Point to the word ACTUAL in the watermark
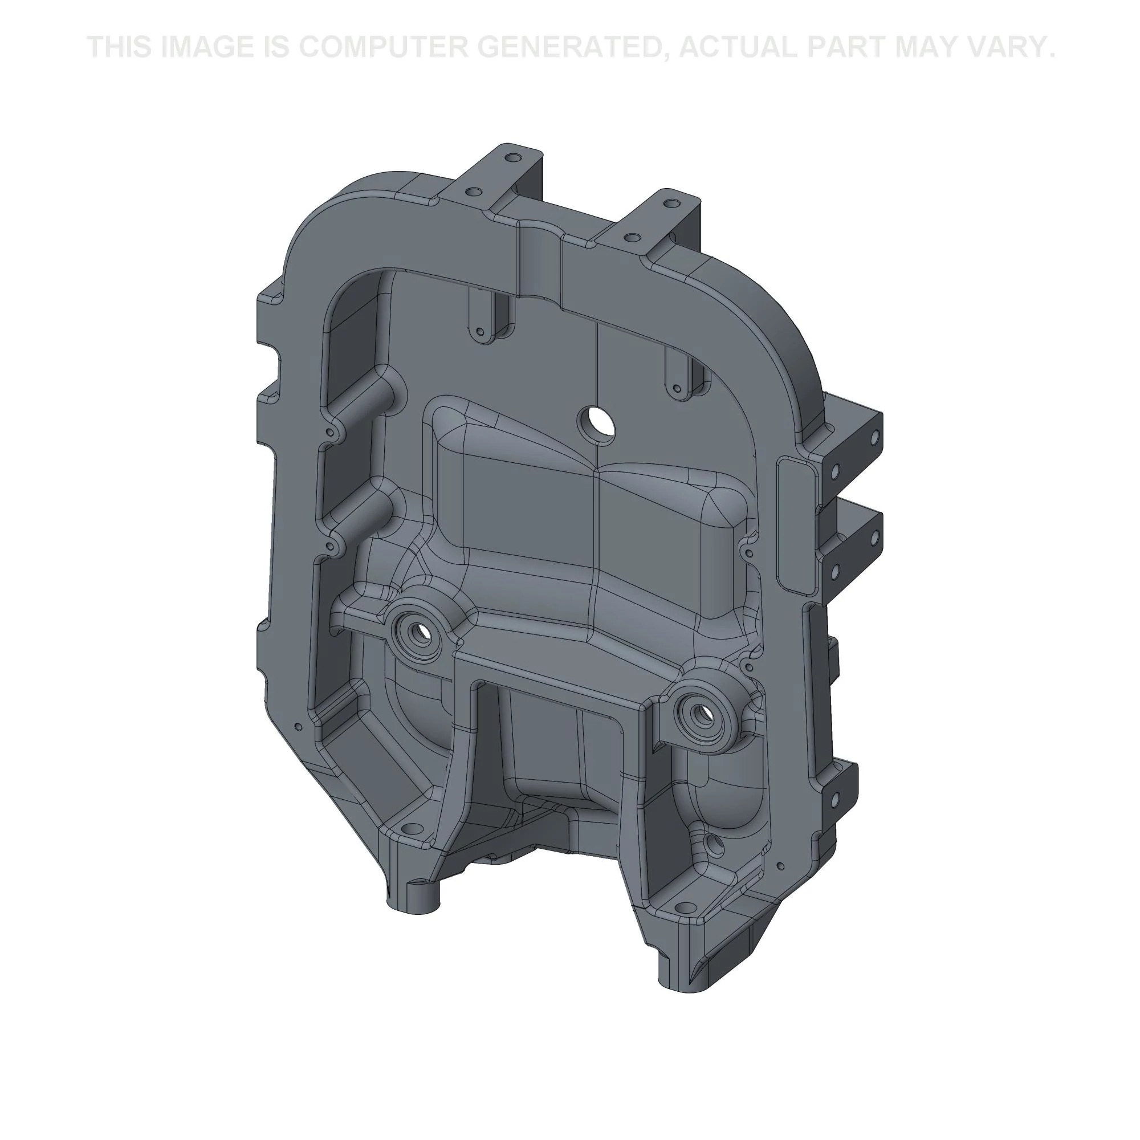pos(737,47)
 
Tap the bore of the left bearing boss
pos(420,633)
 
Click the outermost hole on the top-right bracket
pos(668,203)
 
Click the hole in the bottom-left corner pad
pos(412,831)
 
